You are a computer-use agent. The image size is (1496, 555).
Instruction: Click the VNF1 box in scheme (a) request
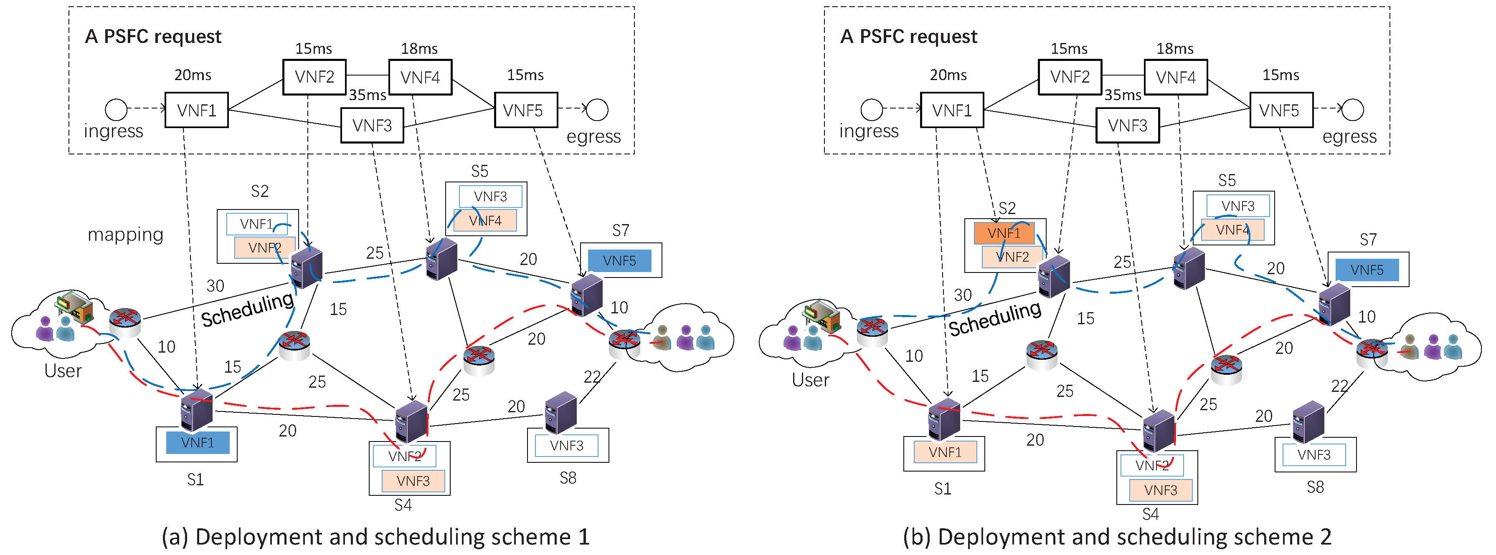point(196,110)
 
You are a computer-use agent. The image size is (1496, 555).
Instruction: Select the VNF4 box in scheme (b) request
point(1175,77)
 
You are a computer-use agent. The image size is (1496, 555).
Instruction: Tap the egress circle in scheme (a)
point(597,109)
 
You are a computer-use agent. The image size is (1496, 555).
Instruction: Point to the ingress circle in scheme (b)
point(871,109)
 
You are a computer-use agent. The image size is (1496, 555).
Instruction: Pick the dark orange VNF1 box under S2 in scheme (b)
point(1004,233)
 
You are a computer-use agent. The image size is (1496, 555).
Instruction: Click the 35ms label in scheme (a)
point(367,95)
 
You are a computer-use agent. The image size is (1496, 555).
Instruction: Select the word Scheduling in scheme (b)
point(995,318)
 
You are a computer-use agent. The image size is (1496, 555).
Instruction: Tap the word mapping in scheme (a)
point(125,235)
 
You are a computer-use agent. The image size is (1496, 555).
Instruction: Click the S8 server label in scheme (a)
point(568,478)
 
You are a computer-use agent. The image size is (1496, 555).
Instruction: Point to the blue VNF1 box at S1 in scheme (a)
point(198,442)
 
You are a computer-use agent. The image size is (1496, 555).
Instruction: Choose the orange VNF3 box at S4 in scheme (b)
point(1160,490)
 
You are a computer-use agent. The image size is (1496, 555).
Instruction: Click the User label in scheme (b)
point(810,380)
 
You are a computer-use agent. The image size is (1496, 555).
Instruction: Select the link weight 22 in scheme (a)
point(592,377)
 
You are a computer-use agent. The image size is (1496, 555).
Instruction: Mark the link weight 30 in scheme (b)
point(962,295)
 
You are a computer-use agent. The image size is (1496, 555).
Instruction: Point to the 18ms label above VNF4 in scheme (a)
point(419,49)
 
